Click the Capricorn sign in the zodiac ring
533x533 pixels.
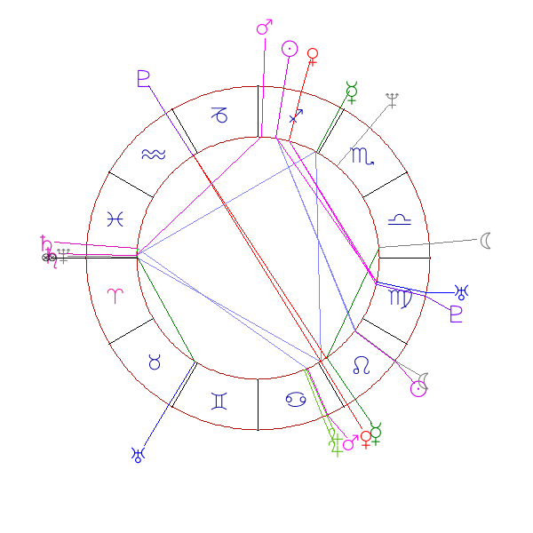tap(219, 115)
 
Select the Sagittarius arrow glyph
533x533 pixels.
tap(298, 115)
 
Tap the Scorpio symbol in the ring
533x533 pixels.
tap(362, 158)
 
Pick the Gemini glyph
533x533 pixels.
tap(219, 402)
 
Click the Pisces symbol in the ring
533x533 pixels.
tap(115, 219)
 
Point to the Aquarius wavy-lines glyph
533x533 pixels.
tap(153, 155)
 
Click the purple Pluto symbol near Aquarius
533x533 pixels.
tap(144, 78)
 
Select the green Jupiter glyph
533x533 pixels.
tap(335, 440)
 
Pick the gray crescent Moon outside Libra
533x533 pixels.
tap(486, 240)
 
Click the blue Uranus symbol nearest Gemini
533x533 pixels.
tap(138, 455)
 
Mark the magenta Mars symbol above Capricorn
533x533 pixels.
tap(264, 28)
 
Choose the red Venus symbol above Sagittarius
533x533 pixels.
tap(312, 56)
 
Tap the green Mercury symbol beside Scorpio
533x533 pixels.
tap(352, 91)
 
